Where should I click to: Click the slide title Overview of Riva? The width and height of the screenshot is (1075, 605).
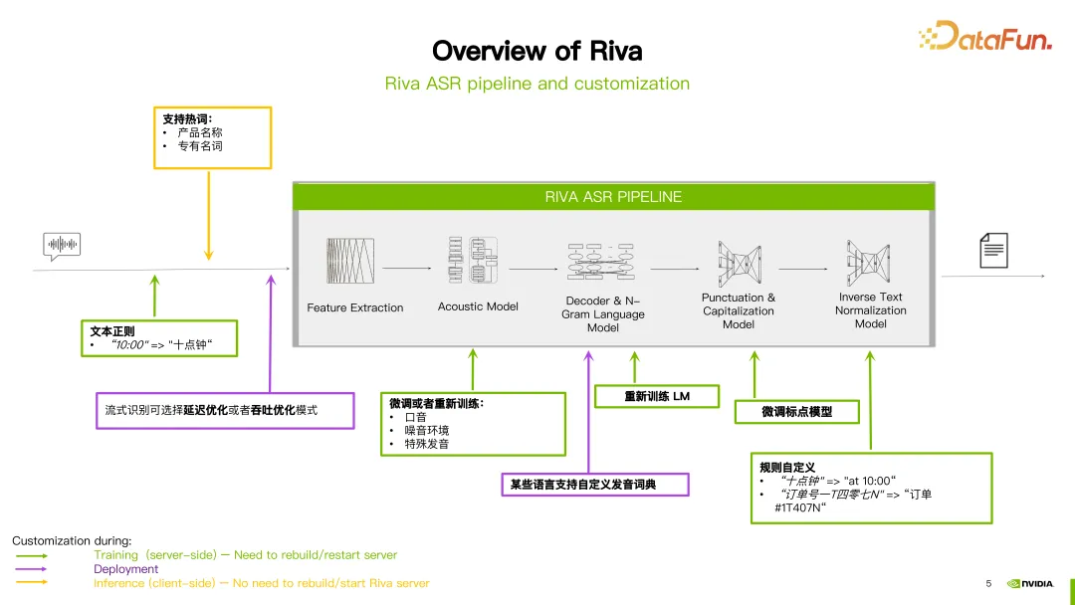click(x=537, y=51)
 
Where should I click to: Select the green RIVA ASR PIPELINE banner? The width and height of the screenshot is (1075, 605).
click(x=613, y=197)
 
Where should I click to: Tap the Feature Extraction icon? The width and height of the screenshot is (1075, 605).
click(x=350, y=261)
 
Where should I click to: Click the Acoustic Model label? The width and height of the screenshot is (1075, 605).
click(x=478, y=306)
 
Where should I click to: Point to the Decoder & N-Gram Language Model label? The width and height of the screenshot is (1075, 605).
click(x=603, y=313)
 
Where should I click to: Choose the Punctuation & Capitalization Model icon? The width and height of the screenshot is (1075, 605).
click(x=738, y=261)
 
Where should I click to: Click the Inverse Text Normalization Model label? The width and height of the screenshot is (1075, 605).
click(x=870, y=310)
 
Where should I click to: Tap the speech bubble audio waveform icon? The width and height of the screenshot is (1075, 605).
click(x=61, y=245)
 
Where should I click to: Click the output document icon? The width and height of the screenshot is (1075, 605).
click(x=993, y=250)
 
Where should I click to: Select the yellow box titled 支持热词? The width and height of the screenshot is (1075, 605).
click(x=211, y=137)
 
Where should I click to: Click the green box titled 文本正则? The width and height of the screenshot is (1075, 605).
click(x=159, y=338)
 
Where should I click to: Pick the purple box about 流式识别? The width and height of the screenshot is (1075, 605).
click(x=225, y=410)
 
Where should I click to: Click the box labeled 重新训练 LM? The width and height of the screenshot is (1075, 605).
click(x=656, y=396)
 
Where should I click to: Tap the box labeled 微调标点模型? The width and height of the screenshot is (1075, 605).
click(x=796, y=411)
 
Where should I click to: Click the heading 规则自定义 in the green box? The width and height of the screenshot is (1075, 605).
click(x=787, y=467)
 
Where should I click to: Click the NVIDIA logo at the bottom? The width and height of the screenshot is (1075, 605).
click(x=1029, y=584)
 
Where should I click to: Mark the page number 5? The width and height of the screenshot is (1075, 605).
click(x=988, y=583)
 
